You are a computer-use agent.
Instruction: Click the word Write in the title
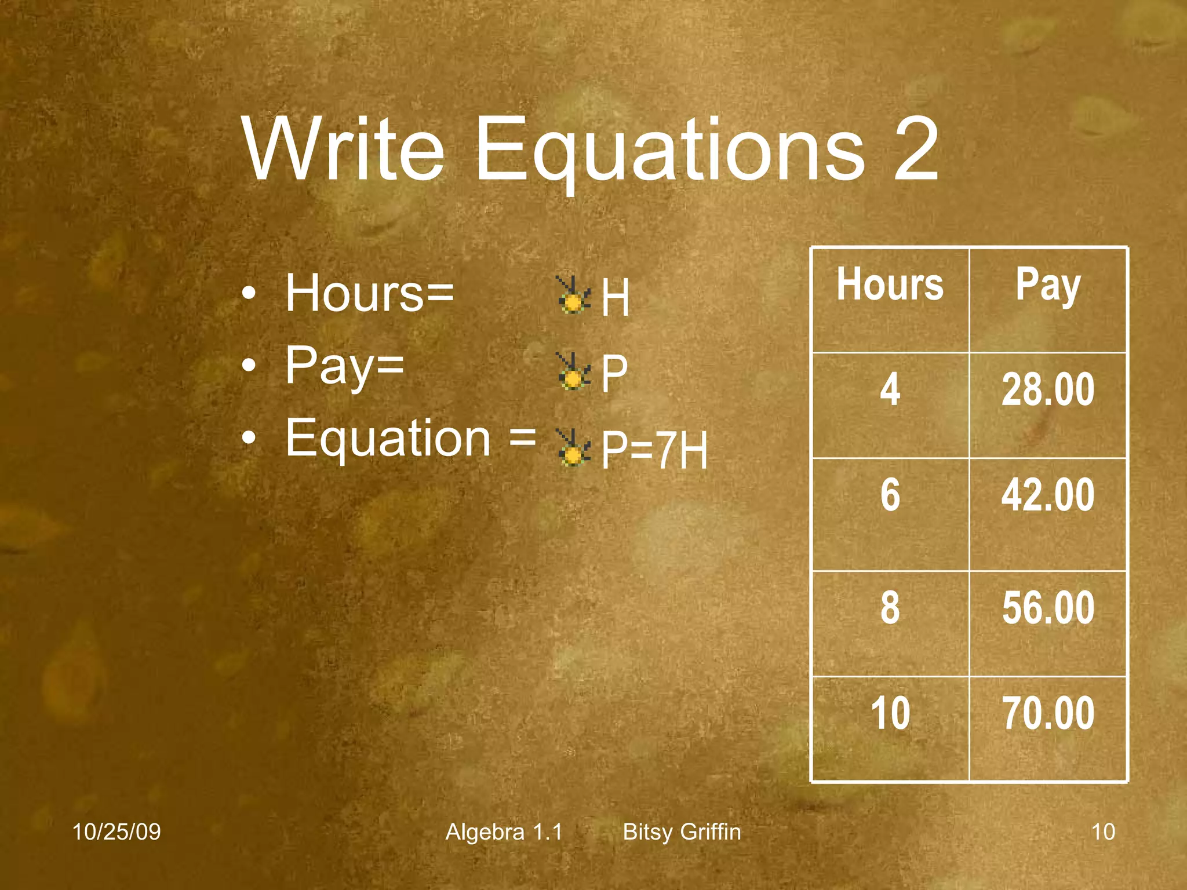pyautogui.click(x=343, y=149)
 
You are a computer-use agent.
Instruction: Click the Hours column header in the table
pyautogui.click(x=890, y=285)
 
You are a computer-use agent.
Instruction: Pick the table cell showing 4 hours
pyautogui.click(x=890, y=389)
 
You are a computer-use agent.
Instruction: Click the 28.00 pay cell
pyautogui.click(x=1048, y=389)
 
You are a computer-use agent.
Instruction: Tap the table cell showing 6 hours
pyautogui.click(x=890, y=495)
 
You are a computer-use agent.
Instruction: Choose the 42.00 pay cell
pyautogui.click(x=1048, y=495)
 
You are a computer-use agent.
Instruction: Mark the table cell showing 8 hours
pyautogui.click(x=890, y=608)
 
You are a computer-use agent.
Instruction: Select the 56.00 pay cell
pyautogui.click(x=1048, y=608)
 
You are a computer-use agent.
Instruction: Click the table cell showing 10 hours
pyautogui.click(x=890, y=713)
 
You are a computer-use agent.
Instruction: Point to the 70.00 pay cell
pyautogui.click(x=1048, y=713)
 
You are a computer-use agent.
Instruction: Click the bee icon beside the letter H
pyautogui.click(x=573, y=296)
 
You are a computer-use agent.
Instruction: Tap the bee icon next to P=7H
pyautogui.click(x=573, y=448)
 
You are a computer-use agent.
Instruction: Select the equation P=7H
pyautogui.click(x=654, y=450)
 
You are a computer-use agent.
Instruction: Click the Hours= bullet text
pyautogui.click(x=369, y=293)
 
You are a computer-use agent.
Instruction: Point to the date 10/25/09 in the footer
pyautogui.click(x=116, y=832)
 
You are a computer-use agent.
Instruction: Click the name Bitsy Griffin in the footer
pyautogui.click(x=682, y=832)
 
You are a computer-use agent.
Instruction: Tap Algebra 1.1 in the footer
pyautogui.click(x=504, y=832)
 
